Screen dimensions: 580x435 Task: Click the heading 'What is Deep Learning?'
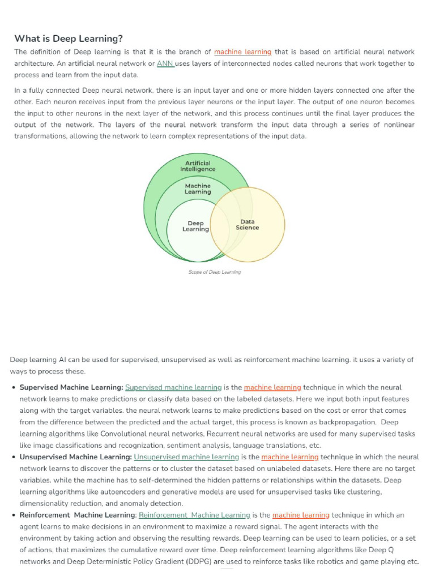(68, 39)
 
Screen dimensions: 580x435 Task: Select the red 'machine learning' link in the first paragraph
(242, 52)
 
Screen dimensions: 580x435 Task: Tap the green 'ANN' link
(165, 63)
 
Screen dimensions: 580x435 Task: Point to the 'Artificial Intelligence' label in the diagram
(198, 166)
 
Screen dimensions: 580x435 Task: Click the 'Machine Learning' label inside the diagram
(198, 189)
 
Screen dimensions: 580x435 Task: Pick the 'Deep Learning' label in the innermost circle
(195, 227)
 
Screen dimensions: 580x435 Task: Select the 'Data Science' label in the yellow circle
(248, 225)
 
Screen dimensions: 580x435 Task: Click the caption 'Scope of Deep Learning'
(214, 272)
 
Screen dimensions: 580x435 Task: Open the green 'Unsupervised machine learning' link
(186, 457)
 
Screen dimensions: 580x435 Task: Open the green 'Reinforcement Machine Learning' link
(194, 515)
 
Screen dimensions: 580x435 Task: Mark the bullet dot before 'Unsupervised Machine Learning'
(14, 457)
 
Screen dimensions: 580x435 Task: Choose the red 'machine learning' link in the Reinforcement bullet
(301, 515)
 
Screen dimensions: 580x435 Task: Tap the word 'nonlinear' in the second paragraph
(396, 125)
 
